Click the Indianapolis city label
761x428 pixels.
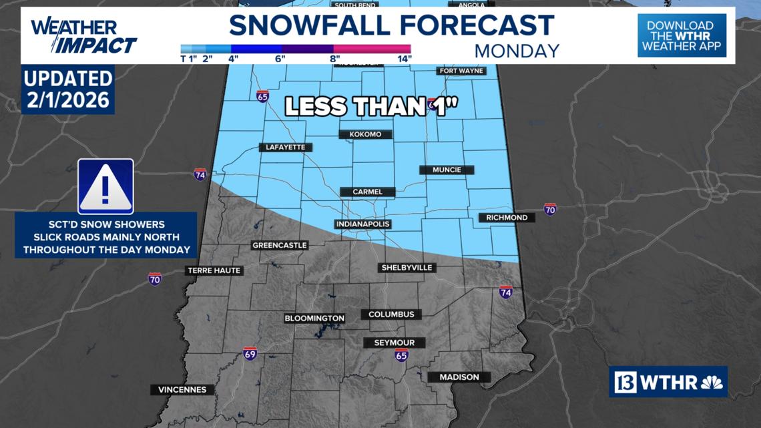click(362, 224)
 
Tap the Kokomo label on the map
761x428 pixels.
click(365, 134)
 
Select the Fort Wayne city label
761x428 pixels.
click(461, 71)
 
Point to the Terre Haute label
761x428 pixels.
click(214, 270)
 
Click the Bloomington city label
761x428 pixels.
click(314, 318)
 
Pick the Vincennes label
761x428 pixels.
click(182, 389)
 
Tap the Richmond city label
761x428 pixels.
click(507, 218)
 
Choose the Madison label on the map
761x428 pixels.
click(459, 377)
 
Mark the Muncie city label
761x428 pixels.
click(447, 170)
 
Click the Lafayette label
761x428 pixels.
click(285, 147)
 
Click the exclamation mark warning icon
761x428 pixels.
click(105, 187)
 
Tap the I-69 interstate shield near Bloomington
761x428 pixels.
click(250, 353)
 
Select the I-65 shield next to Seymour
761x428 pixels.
click(401, 355)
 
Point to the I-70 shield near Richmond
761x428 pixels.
click(550, 209)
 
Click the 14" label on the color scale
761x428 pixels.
click(405, 58)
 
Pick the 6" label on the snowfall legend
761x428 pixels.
click(280, 58)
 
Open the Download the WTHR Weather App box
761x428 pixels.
click(682, 35)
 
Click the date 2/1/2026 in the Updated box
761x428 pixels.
click(68, 101)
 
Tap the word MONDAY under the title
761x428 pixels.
click(517, 51)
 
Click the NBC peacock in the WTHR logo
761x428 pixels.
click(712, 383)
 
